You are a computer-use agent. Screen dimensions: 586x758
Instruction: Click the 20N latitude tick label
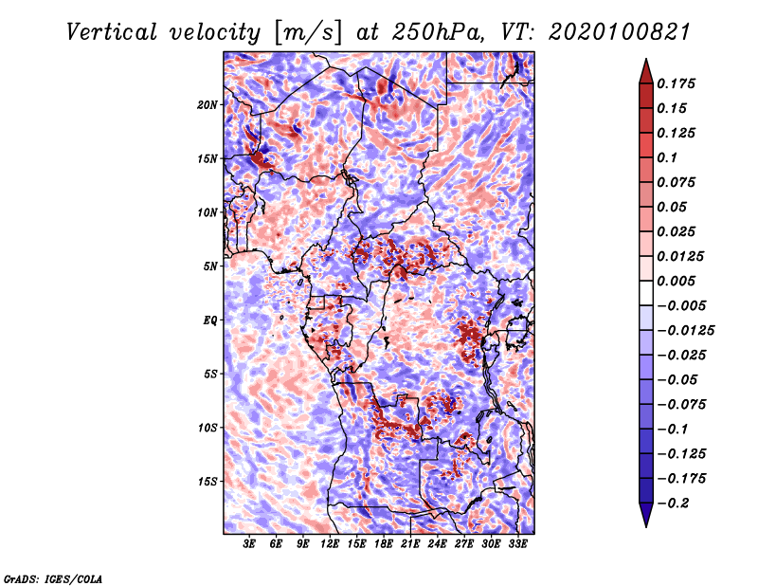click(208, 104)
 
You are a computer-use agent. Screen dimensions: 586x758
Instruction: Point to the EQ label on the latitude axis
click(209, 320)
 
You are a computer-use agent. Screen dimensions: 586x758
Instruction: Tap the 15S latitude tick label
click(208, 481)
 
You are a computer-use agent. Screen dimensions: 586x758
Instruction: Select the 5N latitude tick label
click(210, 266)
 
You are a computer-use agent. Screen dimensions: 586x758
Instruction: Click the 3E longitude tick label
click(250, 544)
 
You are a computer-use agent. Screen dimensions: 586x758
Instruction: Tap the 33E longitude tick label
click(518, 544)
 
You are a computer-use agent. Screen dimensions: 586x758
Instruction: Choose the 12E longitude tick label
click(331, 544)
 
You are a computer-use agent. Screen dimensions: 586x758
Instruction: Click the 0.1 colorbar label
click(669, 157)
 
